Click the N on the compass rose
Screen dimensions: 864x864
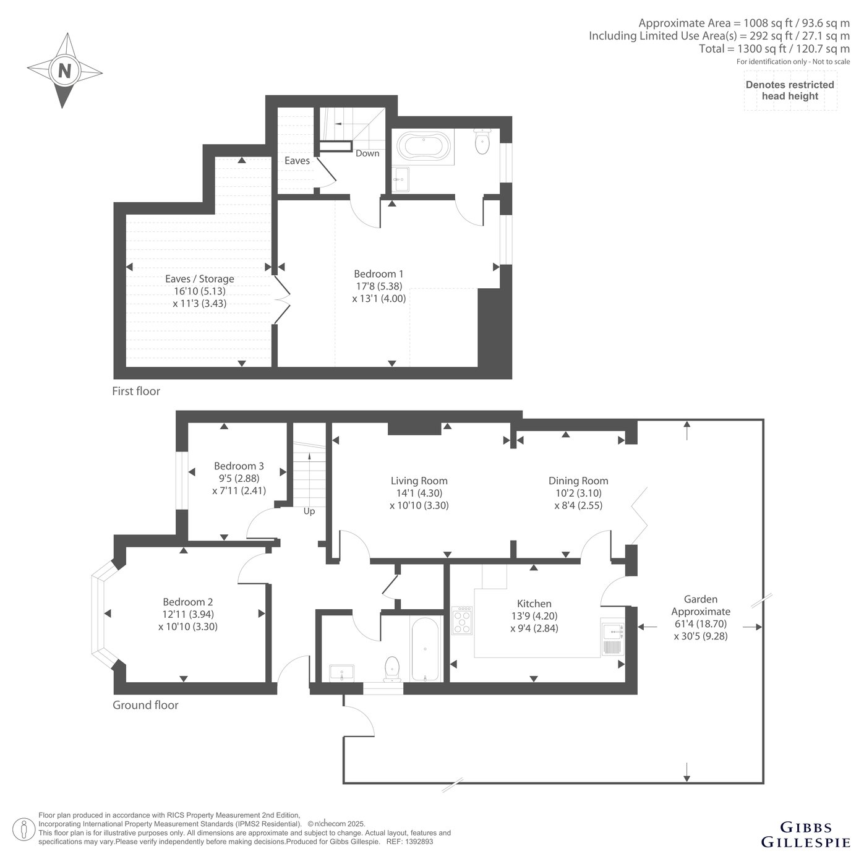coord(65,71)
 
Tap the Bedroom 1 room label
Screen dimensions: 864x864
coord(379,273)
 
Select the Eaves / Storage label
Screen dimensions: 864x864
coord(200,278)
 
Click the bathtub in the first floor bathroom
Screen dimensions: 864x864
coord(424,145)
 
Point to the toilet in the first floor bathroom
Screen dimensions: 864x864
coord(482,140)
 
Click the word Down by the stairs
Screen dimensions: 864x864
coord(367,153)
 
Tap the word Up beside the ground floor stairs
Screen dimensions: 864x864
coord(309,511)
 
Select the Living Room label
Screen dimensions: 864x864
coord(419,481)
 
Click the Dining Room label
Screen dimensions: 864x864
coord(578,481)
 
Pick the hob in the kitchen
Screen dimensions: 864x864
coord(462,620)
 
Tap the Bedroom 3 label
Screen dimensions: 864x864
coord(239,466)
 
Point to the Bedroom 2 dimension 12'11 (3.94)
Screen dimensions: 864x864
coord(188,614)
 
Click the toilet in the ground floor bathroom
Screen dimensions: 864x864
coord(392,669)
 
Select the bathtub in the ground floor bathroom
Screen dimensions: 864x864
coord(425,649)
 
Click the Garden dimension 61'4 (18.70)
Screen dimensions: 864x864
coord(700,623)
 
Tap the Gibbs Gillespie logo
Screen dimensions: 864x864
coord(805,834)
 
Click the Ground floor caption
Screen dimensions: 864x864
coord(145,705)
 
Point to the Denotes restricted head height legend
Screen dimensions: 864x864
coord(790,90)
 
